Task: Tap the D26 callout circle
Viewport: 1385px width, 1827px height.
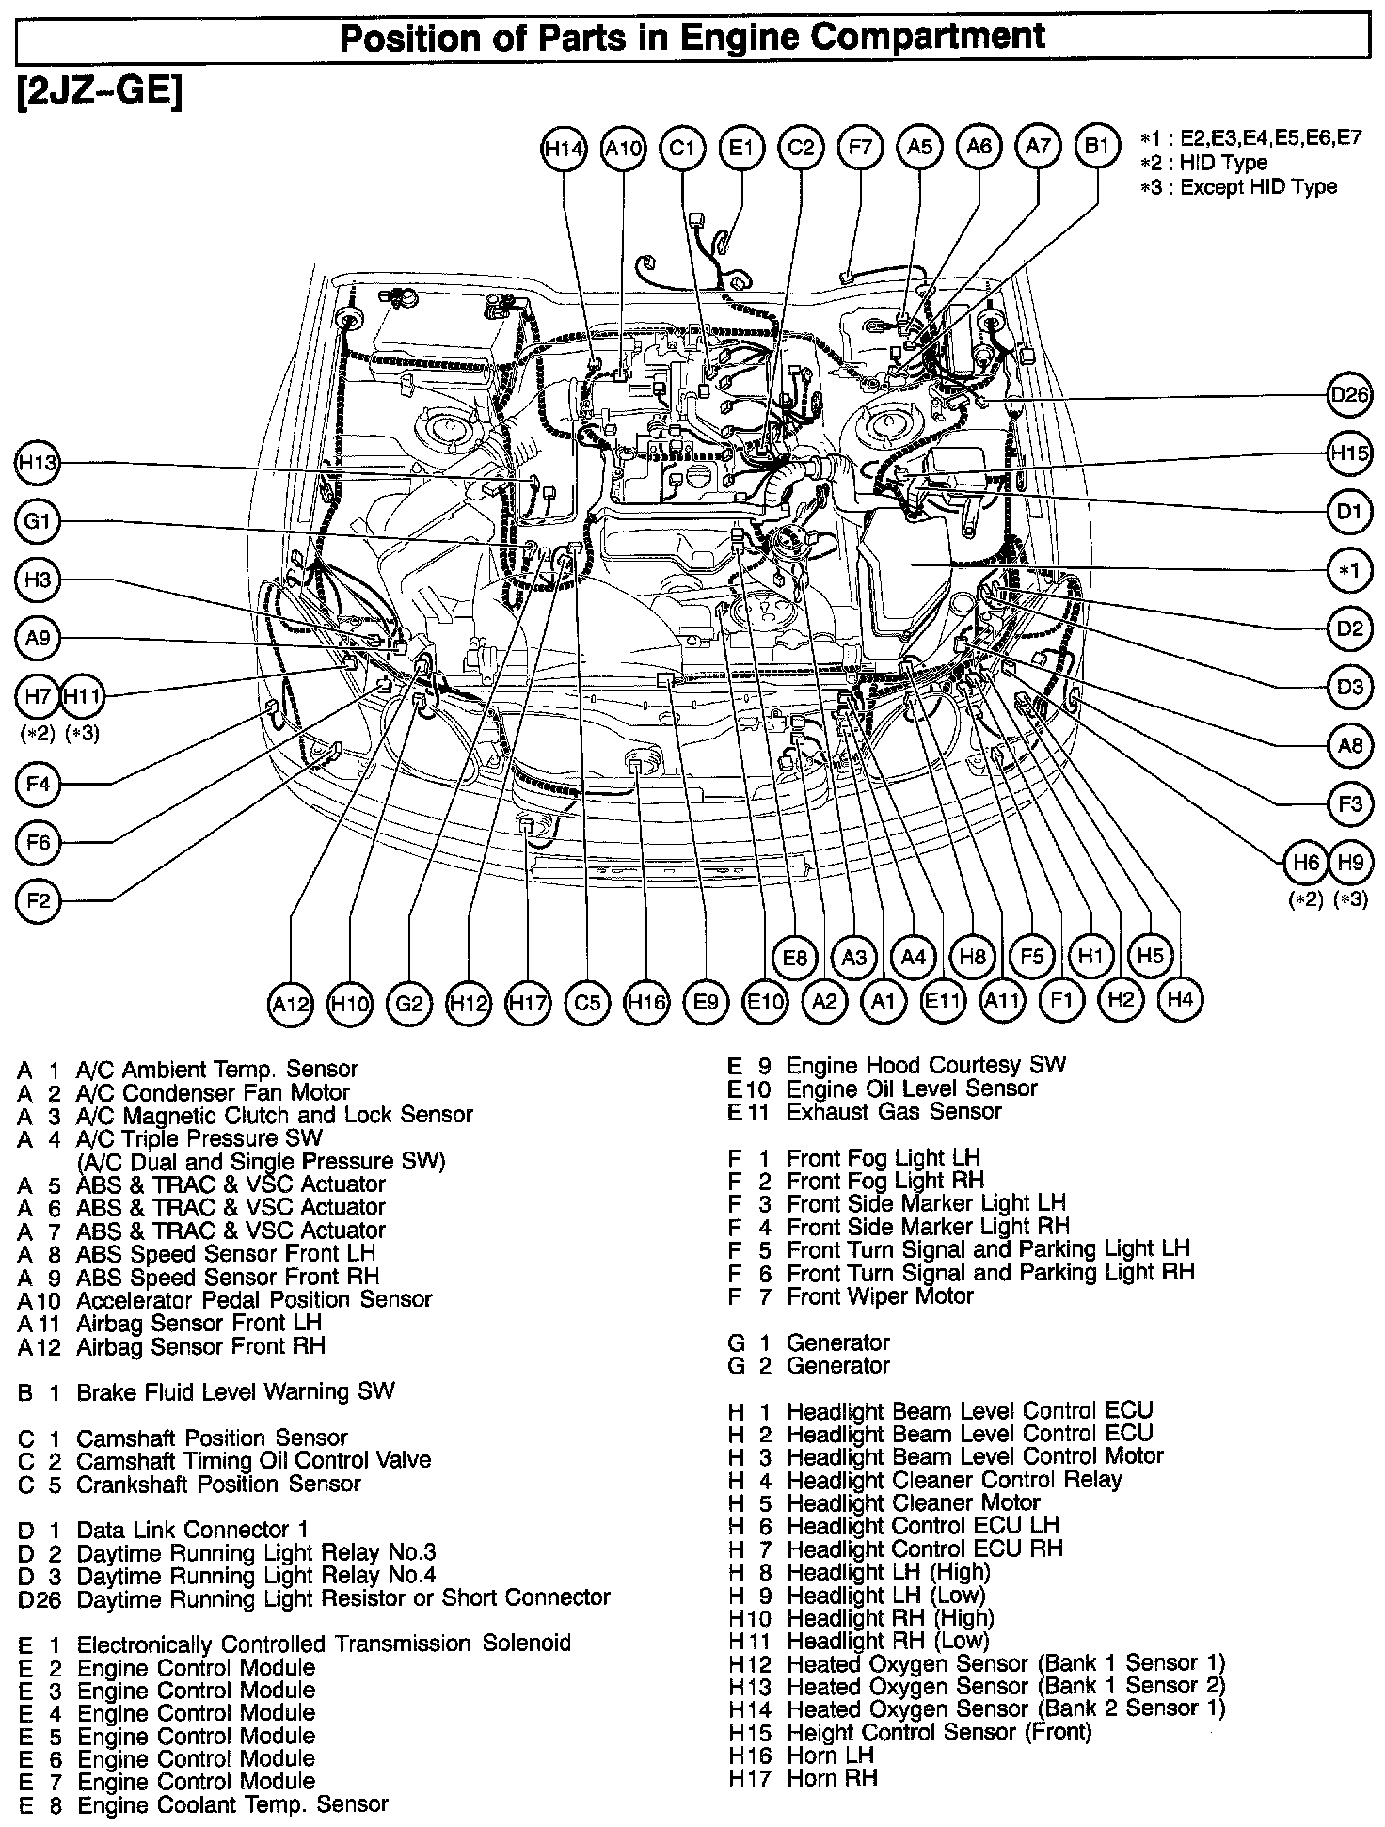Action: click(1350, 396)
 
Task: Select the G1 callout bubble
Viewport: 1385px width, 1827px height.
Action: click(38, 520)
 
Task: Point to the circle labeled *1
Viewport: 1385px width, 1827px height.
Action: click(1350, 570)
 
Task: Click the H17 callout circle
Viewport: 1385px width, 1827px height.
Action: click(527, 1003)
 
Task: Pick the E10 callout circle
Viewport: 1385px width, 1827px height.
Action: click(764, 1003)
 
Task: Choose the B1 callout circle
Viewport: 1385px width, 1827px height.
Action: click(1097, 148)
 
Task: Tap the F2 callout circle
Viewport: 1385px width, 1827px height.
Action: click(38, 901)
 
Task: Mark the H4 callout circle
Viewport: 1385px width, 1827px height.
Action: click(1180, 998)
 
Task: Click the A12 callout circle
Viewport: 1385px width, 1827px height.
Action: click(290, 1003)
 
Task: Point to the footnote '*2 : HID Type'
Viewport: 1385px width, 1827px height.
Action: click(1203, 162)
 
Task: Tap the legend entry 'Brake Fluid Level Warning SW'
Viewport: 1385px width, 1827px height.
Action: click(235, 1391)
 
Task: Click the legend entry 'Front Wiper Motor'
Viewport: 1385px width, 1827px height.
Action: click(880, 1296)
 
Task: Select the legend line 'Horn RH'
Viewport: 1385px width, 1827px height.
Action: click(832, 1778)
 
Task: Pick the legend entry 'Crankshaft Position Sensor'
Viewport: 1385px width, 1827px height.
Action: click(218, 1484)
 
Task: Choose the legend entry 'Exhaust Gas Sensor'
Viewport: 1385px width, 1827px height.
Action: click(894, 1112)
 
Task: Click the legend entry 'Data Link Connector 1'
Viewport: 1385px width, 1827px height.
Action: click(192, 1530)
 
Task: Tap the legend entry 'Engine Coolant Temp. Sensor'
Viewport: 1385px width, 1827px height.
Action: click(232, 1804)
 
